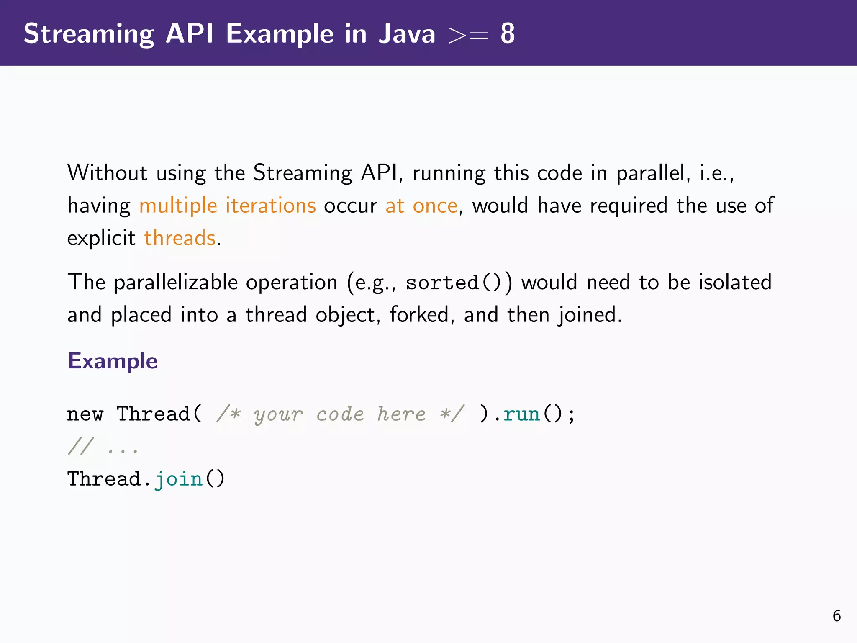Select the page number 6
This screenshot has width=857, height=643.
pos(836,616)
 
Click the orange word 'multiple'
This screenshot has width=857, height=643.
pos(178,206)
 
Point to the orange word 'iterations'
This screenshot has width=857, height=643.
pos(270,206)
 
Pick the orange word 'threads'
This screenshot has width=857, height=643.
pos(180,238)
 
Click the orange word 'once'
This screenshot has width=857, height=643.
pos(435,206)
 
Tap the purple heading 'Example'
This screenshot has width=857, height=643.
pos(113,361)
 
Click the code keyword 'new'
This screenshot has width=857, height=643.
pos(85,414)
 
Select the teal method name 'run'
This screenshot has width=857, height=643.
pos(521,414)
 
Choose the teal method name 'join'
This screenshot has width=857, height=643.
pos(178,479)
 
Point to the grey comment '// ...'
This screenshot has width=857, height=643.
pos(103,447)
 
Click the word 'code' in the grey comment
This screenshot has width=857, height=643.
pos(340,414)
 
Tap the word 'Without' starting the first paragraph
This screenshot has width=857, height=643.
pos(107,173)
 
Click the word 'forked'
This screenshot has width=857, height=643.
pos(419,315)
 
